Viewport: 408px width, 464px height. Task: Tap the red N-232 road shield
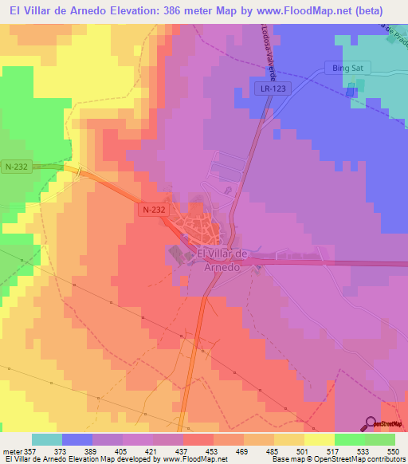click(155, 210)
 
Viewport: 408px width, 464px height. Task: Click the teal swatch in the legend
click(47, 439)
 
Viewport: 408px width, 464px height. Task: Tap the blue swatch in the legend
click(77, 439)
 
